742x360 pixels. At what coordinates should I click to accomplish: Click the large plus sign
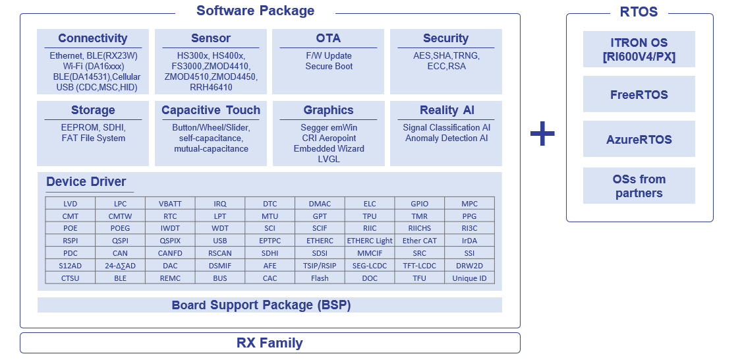pyautogui.click(x=542, y=134)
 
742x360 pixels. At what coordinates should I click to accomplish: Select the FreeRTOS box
pyautogui.click(x=639, y=94)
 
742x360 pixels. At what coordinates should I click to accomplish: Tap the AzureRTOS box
pyautogui.click(x=639, y=139)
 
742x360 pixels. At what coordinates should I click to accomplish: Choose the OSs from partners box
pyautogui.click(x=639, y=186)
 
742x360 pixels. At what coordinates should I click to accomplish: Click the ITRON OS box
pyautogui.click(x=639, y=49)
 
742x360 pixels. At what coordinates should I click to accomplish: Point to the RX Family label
pyautogui.click(x=270, y=343)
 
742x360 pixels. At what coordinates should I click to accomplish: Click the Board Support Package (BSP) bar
pyautogui.click(x=270, y=305)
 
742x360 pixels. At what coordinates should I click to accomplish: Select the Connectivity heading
pyautogui.click(x=93, y=38)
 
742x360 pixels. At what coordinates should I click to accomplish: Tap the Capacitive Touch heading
pyautogui.click(x=211, y=110)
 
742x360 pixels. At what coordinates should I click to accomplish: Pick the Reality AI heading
pyautogui.click(x=446, y=110)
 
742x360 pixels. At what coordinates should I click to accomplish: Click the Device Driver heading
pyautogui.click(x=86, y=182)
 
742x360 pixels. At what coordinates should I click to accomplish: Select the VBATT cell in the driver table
pyautogui.click(x=170, y=204)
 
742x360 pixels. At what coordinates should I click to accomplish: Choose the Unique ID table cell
pyautogui.click(x=469, y=278)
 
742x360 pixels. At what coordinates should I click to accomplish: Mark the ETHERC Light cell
pyautogui.click(x=370, y=241)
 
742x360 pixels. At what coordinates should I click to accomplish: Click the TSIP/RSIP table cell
pyautogui.click(x=320, y=266)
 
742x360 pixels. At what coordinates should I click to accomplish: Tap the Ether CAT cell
pyautogui.click(x=420, y=241)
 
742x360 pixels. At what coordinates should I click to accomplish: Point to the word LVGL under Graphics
pyautogui.click(x=329, y=159)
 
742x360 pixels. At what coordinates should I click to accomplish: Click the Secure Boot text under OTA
pyautogui.click(x=329, y=67)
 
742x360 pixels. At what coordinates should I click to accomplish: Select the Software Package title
pyautogui.click(x=256, y=11)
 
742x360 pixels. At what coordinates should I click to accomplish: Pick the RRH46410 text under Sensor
pyautogui.click(x=211, y=87)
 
